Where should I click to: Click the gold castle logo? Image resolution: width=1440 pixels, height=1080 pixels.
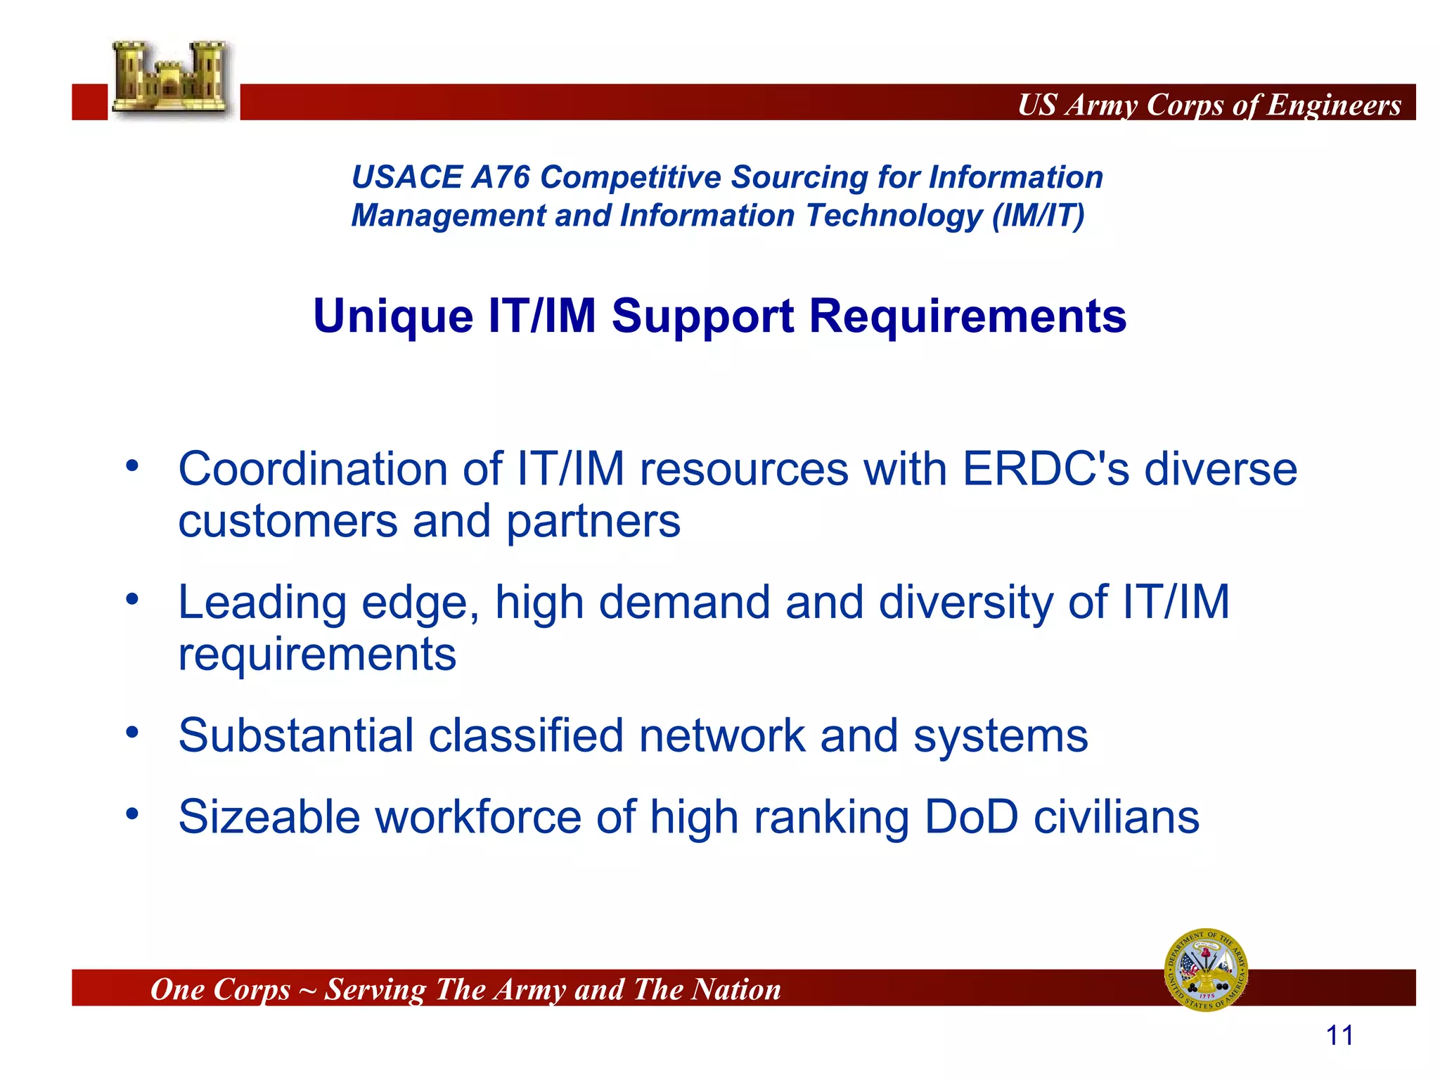point(171,78)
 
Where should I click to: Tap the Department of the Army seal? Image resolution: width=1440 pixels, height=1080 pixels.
point(1206,970)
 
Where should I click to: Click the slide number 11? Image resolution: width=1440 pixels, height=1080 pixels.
point(1339,1036)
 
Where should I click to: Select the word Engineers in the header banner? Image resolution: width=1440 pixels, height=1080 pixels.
point(1334,105)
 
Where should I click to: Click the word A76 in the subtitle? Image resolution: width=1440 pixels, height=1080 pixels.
point(500,177)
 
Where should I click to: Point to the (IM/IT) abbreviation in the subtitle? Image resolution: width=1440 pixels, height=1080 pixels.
point(1038,216)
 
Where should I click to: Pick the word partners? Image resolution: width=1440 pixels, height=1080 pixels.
point(593,522)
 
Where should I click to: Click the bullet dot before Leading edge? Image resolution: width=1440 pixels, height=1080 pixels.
point(132,600)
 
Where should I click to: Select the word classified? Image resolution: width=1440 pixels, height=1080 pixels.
point(526,736)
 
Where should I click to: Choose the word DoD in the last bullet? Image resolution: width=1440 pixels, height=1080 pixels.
point(971,817)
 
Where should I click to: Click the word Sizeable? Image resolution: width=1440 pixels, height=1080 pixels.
point(269,817)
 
